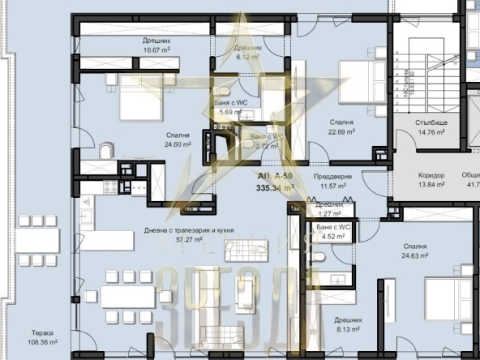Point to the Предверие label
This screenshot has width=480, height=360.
click(x=330, y=175)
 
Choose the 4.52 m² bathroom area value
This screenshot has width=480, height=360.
click(x=333, y=237)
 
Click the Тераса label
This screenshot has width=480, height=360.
click(x=43, y=332)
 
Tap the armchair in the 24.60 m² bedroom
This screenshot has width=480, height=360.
click(x=105, y=152)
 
